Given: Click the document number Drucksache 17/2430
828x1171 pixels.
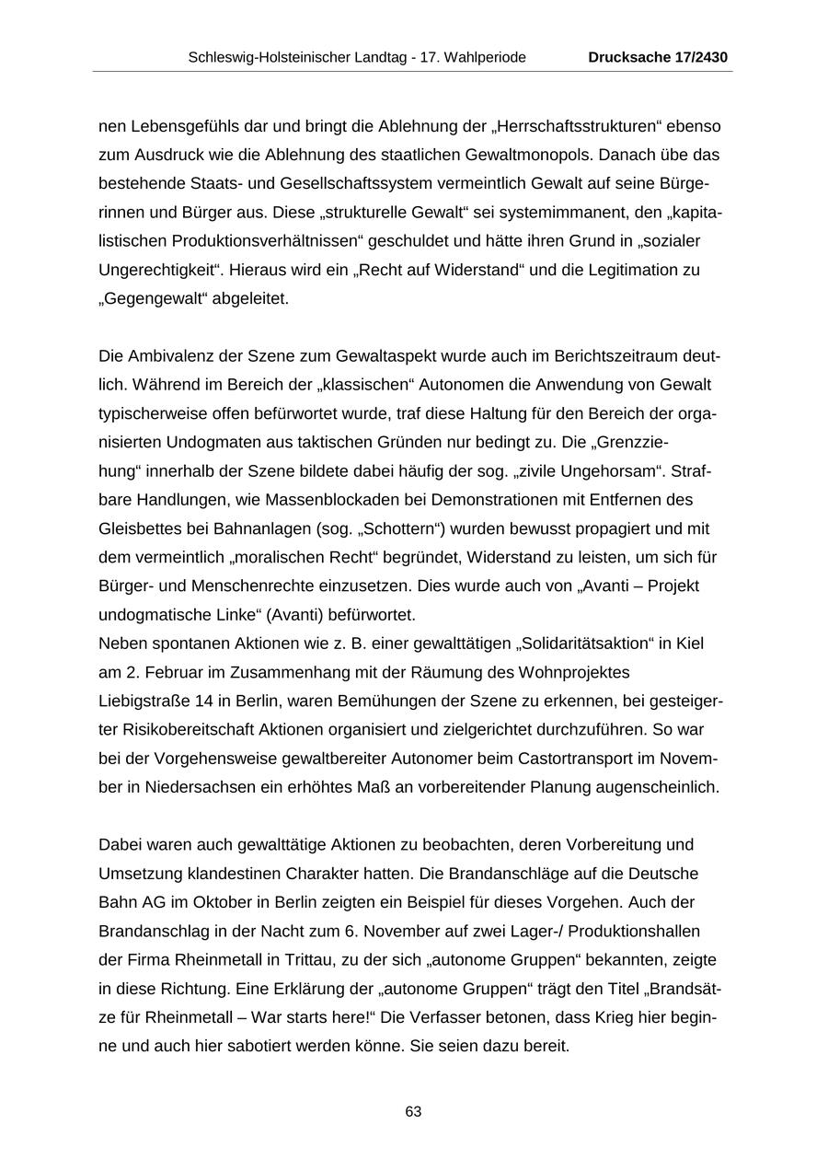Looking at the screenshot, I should (658, 57).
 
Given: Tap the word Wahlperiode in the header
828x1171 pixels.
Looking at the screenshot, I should (487, 57).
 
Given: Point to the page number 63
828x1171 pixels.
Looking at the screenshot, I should (413, 1112).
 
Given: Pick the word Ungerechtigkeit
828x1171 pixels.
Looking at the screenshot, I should (155, 271).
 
